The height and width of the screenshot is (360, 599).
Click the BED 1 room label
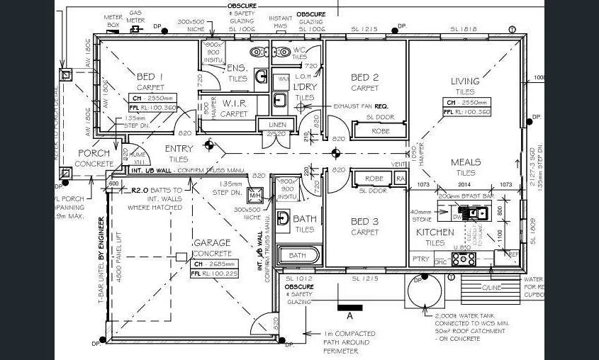(x=150, y=77)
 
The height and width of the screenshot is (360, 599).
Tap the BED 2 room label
(x=365, y=77)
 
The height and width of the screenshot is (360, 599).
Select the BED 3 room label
(x=365, y=222)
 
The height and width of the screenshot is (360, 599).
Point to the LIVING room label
(x=465, y=81)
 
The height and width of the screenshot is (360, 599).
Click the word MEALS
(x=466, y=162)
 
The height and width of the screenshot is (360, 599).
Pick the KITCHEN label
(x=435, y=232)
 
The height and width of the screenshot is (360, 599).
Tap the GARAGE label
(x=213, y=242)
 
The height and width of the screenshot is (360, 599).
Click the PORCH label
(x=94, y=153)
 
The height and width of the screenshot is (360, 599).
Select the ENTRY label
(x=179, y=149)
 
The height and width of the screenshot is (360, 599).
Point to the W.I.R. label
(x=234, y=103)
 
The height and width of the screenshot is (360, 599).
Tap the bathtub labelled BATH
(x=297, y=255)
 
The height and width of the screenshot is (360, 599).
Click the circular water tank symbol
(x=444, y=287)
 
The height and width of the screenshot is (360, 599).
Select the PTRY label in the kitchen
(x=420, y=259)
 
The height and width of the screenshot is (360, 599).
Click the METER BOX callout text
(x=112, y=21)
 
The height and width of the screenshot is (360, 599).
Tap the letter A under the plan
(x=350, y=317)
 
